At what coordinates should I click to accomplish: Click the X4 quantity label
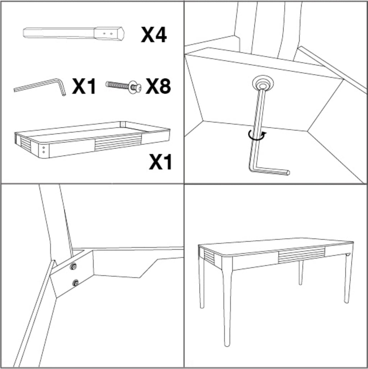click(x=154, y=35)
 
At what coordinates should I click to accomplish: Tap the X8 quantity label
click(x=158, y=86)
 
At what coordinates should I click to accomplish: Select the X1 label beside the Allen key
click(x=84, y=86)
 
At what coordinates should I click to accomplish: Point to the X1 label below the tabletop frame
click(x=160, y=162)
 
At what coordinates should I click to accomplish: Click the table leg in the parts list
click(x=74, y=33)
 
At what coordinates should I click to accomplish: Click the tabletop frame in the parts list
click(x=92, y=140)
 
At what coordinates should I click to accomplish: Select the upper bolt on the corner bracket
click(x=74, y=266)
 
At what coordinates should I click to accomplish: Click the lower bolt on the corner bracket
click(x=75, y=282)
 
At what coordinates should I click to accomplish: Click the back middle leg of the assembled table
click(x=301, y=273)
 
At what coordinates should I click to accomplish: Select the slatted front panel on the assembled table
click(x=302, y=254)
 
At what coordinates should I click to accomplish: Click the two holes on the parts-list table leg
click(x=108, y=34)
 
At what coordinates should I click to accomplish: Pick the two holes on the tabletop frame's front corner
click(x=44, y=150)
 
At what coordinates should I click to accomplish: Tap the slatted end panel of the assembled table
click(x=209, y=256)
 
